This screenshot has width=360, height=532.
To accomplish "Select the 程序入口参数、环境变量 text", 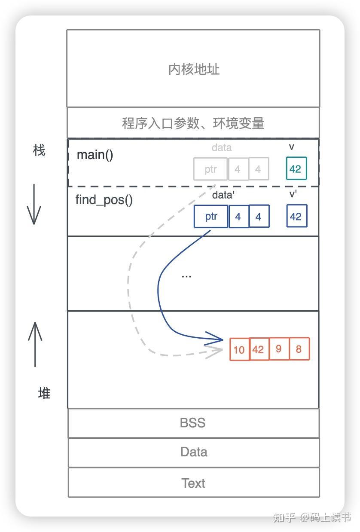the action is (x=193, y=123).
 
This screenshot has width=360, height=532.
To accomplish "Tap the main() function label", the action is (x=95, y=155).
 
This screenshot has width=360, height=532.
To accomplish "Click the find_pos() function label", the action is (x=104, y=200).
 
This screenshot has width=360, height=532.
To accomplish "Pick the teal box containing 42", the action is (x=296, y=168).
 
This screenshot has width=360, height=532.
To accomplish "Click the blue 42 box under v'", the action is (x=297, y=216).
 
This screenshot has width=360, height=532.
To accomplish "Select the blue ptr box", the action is (x=211, y=216).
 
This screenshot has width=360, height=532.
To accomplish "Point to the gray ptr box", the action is (x=211, y=169).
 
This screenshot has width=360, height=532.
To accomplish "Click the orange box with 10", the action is (x=239, y=349).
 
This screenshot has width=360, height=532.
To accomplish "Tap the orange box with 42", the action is (x=259, y=349).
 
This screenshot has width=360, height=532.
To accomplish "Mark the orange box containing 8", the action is (x=299, y=349).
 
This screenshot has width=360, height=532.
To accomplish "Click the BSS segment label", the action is (x=193, y=423).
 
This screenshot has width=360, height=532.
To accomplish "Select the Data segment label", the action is (x=194, y=452).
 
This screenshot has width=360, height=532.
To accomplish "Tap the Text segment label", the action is (x=193, y=483).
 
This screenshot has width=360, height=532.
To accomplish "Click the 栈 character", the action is (x=39, y=150).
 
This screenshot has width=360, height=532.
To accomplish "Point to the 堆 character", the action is (x=44, y=393).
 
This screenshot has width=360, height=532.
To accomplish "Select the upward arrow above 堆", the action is (x=35, y=344).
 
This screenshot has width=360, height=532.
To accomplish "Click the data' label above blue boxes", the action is (x=223, y=195).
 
